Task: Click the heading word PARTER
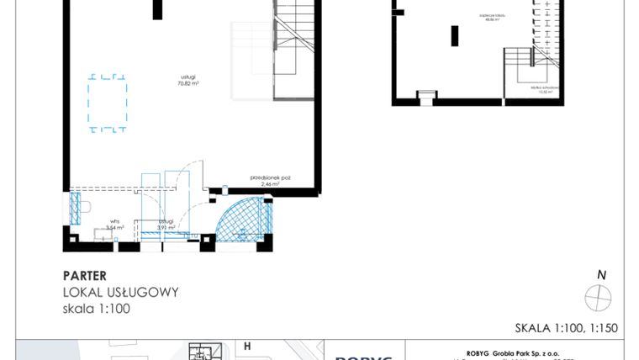click(84, 275)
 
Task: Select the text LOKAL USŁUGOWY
click(120, 292)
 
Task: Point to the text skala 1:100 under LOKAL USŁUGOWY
click(97, 309)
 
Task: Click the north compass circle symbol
click(599, 297)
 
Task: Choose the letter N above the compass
click(600, 275)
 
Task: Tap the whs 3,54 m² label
click(114, 225)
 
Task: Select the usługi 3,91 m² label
click(166, 225)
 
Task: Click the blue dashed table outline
click(108, 103)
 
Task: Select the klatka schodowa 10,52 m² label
click(541, 90)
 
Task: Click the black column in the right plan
click(454, 36)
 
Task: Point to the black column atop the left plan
click(157, 9)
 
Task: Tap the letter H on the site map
click(247, 346)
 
